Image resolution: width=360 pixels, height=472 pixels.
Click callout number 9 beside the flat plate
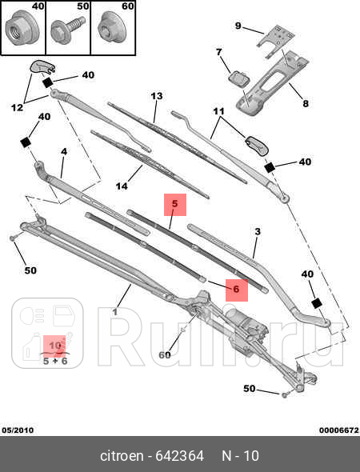pos(238,26)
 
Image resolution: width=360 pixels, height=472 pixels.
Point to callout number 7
pos(218,53)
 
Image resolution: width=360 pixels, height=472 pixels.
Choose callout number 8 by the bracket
pos(304,102)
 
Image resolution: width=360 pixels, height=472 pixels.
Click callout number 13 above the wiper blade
pos(157,96)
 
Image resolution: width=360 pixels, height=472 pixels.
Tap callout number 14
pos(122,186)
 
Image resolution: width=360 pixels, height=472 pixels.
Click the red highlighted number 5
pos(175,205)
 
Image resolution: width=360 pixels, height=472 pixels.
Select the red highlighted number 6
pos(236,290)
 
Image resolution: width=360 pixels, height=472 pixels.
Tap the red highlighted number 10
pos(55,346)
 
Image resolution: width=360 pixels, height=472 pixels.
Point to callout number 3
pos(257,232)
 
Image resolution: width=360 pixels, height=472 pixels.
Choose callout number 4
pos(63,150)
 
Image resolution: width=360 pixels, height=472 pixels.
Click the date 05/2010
pos(18,430)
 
